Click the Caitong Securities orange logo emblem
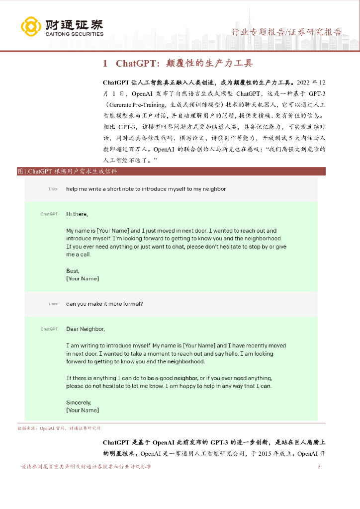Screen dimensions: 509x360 (31, 26)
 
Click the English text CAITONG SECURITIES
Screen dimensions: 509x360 (74, 34)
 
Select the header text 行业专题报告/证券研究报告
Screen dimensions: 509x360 (287, 32)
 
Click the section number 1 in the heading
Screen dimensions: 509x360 (105, 64)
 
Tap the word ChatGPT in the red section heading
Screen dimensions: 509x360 (133, 64)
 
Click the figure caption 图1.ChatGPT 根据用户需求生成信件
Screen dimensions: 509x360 (67, 171)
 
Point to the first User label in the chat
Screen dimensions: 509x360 (53, 189)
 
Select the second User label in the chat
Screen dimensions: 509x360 (53, 304)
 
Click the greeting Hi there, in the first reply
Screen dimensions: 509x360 (77, 214)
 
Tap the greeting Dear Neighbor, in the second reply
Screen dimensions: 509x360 (86, 329)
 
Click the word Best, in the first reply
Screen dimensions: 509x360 (73, 271)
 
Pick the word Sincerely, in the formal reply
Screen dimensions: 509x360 (79, 402)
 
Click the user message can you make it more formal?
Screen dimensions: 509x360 (105, 304)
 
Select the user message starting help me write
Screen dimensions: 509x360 (146, 189)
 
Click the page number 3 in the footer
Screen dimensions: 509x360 (319, 467)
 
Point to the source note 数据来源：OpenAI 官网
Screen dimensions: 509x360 (59, 428)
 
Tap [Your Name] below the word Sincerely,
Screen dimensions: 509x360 (83, 410)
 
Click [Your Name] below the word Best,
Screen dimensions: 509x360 (83, 279)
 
